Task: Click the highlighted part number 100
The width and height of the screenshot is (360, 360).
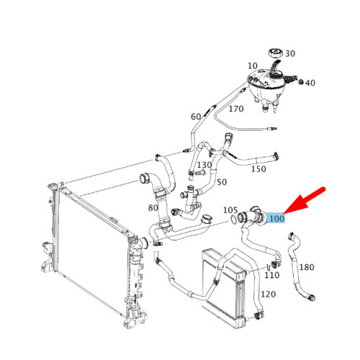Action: point(276,219)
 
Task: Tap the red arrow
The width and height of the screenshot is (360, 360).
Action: point(305,200)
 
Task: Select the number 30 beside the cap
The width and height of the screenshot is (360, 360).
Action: point(290,53)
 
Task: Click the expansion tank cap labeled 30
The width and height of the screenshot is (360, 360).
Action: point(275,53)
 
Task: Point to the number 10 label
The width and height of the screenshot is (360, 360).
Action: point(253,66)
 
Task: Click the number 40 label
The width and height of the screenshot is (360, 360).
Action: point(310,83)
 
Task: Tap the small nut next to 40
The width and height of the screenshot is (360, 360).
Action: point(301,82)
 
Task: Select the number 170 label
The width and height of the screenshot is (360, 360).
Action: point(236,109)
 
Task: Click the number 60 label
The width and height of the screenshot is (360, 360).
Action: point(196,117)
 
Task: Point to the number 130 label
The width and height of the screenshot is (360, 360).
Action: point(204,165)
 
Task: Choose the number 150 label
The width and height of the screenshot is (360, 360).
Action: point(258,169)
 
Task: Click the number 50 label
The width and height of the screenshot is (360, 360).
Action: point(222,182)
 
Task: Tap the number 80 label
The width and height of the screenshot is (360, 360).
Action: point(153,208)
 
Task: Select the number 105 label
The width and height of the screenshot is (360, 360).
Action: point(230,210)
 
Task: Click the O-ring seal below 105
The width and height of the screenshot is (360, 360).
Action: point(233,220)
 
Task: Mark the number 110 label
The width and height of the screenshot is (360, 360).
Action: point(272,275)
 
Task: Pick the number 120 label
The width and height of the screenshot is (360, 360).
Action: point(269,294)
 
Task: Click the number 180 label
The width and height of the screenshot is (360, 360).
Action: point(307,267)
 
